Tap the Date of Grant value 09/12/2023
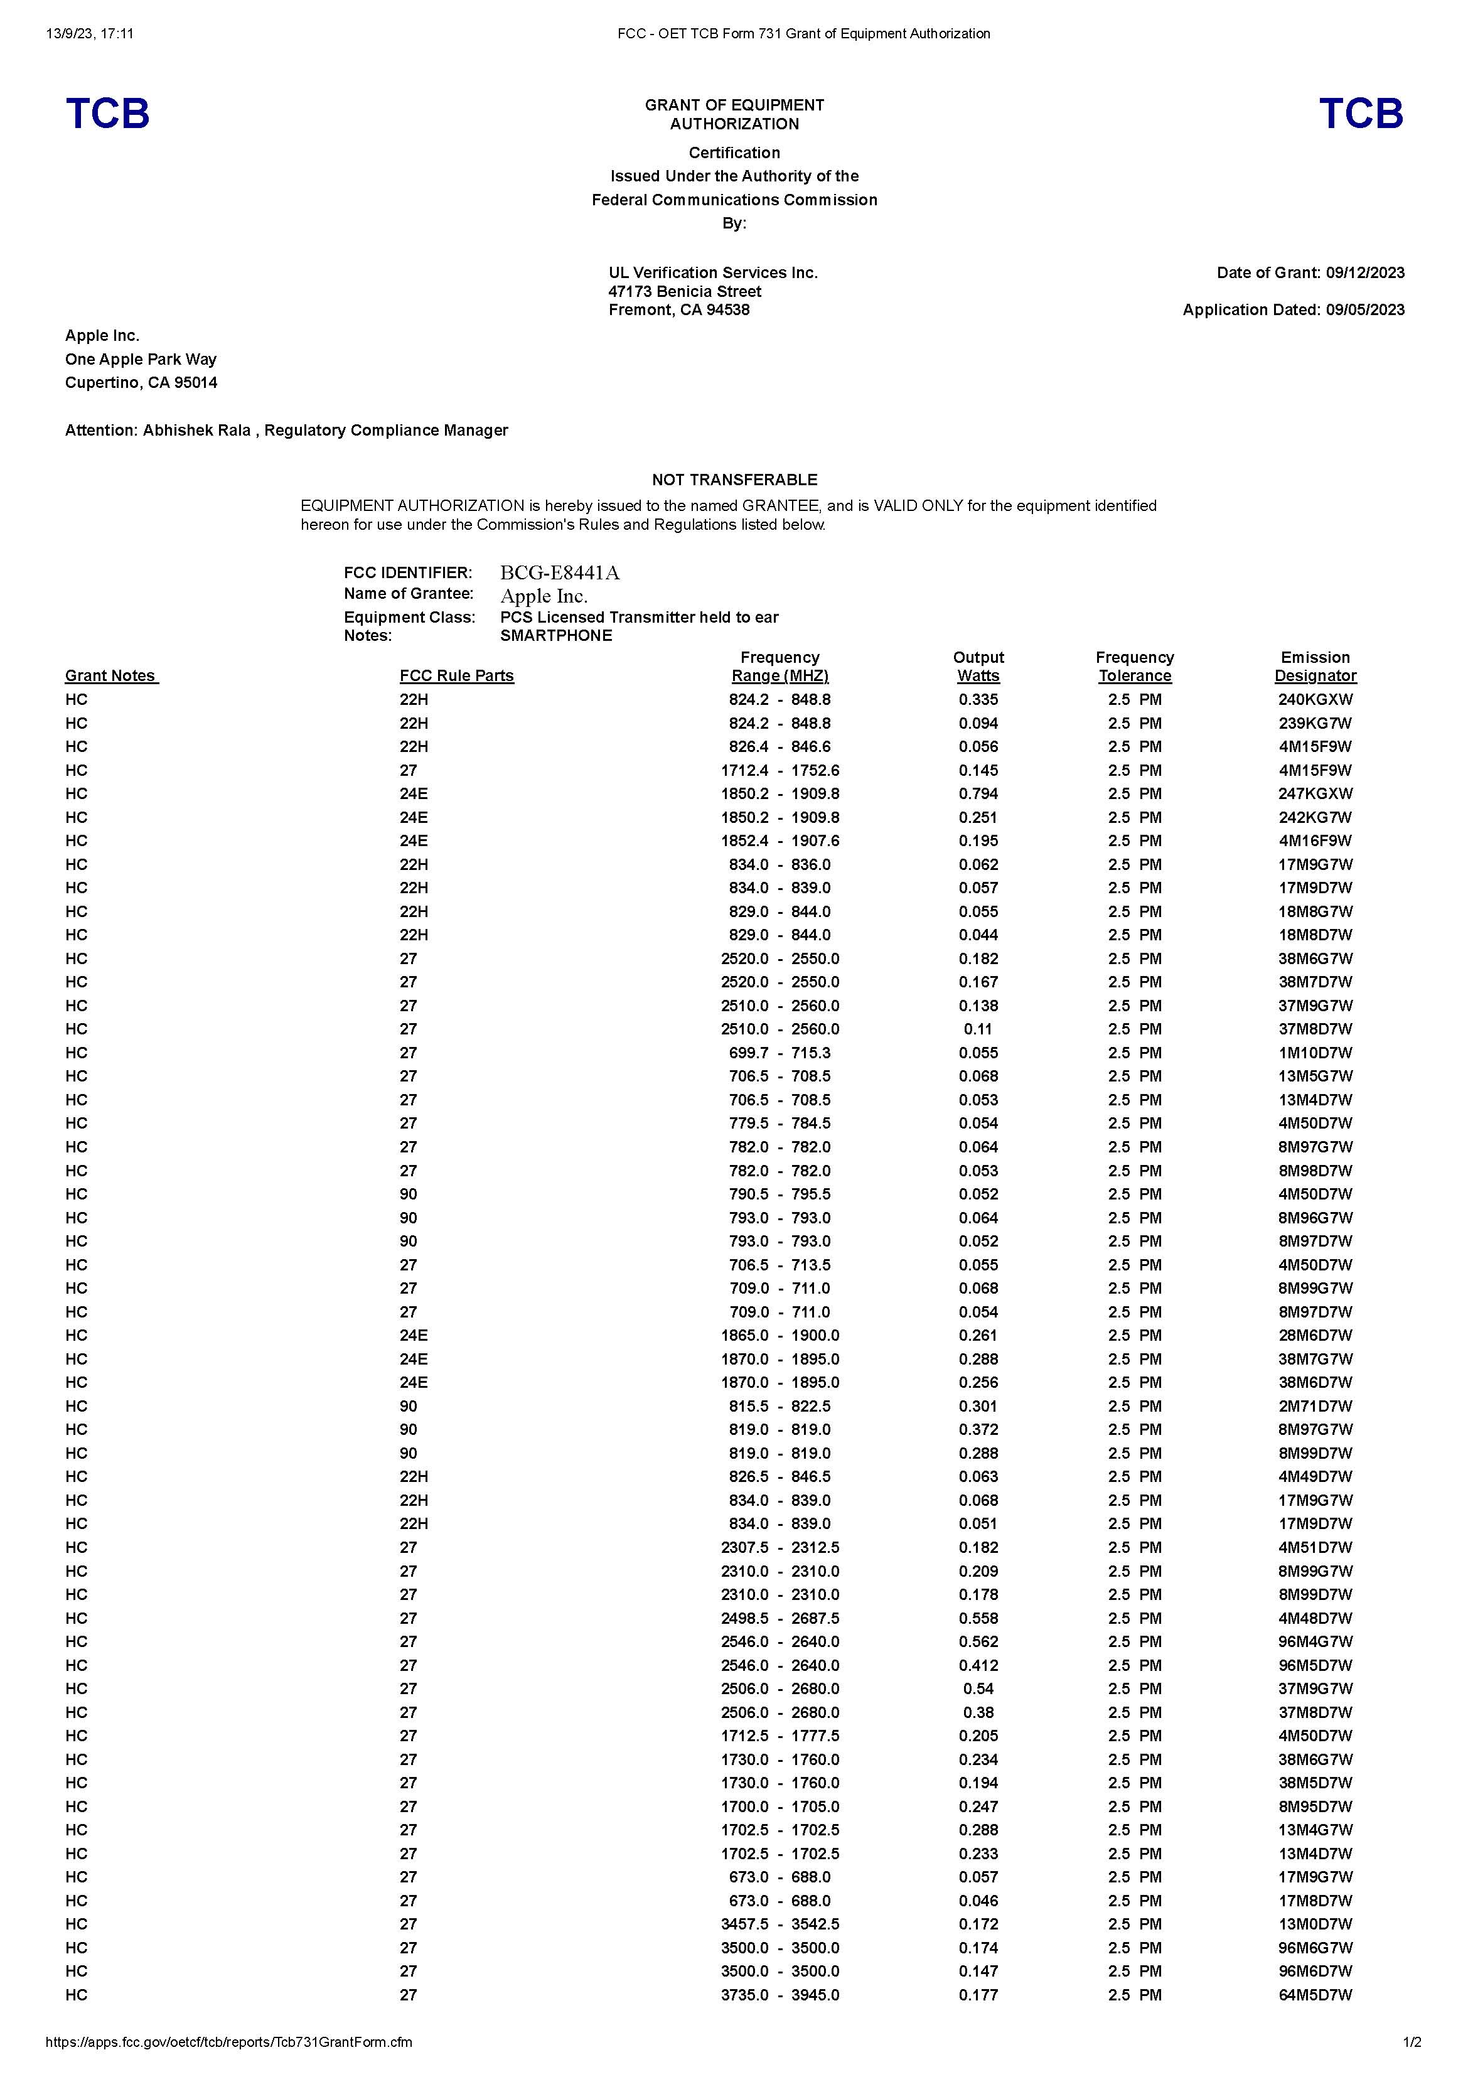click(1365, 273)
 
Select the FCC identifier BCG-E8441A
click(560, 572)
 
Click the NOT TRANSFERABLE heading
click(734, 480)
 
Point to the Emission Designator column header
click(1315, 667)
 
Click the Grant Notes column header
click(111, 676)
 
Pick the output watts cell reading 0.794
click(978, 793)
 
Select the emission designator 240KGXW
click(1315, 699)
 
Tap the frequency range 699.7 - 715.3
click(780, 1053)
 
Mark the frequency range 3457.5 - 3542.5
click(780, 1924)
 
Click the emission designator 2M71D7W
click(1315, 1406)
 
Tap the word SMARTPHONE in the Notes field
click(556, 636)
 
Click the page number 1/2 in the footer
click(1412, 2042)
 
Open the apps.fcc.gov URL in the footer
click(229, 2042)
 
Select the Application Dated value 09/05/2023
click(1365, 310)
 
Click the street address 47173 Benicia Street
click(685, 291)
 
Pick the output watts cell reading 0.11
click(978, 1029)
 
